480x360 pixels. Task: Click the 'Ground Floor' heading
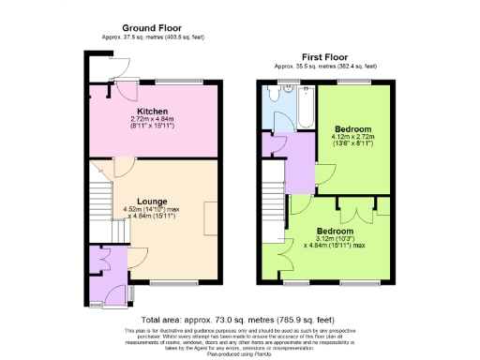tap(152, 28)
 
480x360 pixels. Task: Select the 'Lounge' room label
tap(152, 201)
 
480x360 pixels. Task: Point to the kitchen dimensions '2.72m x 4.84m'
tap(152, 120)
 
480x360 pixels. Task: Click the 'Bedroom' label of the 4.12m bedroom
tap(352, 128)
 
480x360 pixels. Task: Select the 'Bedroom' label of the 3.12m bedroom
tap(335, 232)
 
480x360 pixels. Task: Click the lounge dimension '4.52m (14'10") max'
tap(157, 210)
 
